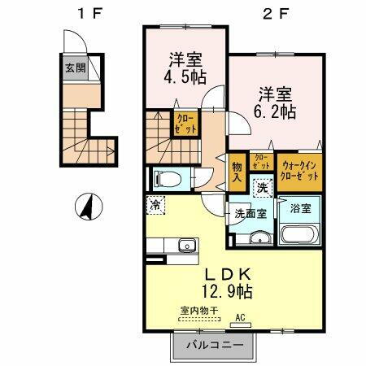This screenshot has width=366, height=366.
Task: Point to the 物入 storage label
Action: [x=237, y=168]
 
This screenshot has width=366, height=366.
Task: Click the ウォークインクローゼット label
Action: [x=298, y=169]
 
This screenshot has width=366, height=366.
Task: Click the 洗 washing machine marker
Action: [x=263, y=186]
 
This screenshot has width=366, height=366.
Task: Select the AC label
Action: [x=240, y=319]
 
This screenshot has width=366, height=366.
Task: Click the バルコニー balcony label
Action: [x=219, y=345]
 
